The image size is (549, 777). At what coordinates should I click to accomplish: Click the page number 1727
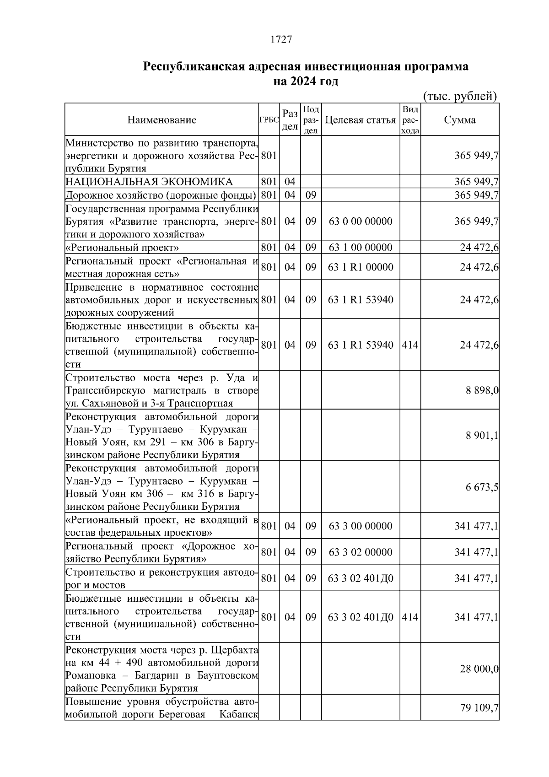click(281, 40)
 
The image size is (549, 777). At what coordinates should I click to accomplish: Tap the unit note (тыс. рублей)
click(460, 96)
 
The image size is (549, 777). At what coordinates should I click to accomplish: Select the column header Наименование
click(161, 120)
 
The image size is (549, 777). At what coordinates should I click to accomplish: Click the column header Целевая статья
click(360, 120)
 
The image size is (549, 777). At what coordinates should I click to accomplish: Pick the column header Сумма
click(459, 120)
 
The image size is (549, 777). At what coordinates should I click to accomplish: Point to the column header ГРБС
click(269, 120)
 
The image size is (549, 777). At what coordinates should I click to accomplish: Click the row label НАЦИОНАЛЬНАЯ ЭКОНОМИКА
click(149, 182)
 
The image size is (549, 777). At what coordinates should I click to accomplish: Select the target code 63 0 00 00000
click(360, 221)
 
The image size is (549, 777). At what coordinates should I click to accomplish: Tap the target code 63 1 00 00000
click(360, 248)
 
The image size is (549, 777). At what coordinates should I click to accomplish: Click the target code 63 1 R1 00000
click(360, 267)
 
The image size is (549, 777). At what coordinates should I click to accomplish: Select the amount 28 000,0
click(479, 669)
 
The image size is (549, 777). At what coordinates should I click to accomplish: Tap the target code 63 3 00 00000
click(360, 526)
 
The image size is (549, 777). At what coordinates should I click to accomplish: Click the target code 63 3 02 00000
click(360, 552)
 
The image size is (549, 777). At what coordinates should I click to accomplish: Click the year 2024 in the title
click(301, 81)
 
